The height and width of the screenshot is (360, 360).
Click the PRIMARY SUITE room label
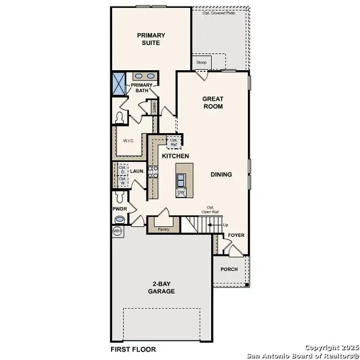151,39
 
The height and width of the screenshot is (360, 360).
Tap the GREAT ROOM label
212,103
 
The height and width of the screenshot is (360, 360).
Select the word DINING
221,175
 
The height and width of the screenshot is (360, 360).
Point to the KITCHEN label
176,156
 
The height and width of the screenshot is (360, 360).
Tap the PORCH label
229,269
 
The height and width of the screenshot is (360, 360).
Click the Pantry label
163,229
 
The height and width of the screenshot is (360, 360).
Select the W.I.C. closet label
128,142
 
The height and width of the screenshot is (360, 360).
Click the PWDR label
119,209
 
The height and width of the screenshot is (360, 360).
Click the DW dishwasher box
181,193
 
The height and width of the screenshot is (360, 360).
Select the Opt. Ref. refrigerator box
175,142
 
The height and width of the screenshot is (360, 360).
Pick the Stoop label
201,62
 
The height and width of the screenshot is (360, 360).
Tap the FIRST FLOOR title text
133,349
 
